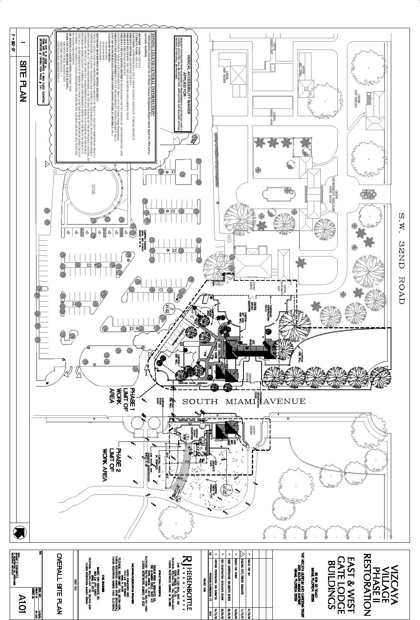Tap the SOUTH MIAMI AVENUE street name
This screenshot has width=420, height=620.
click(x=244, y=401)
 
